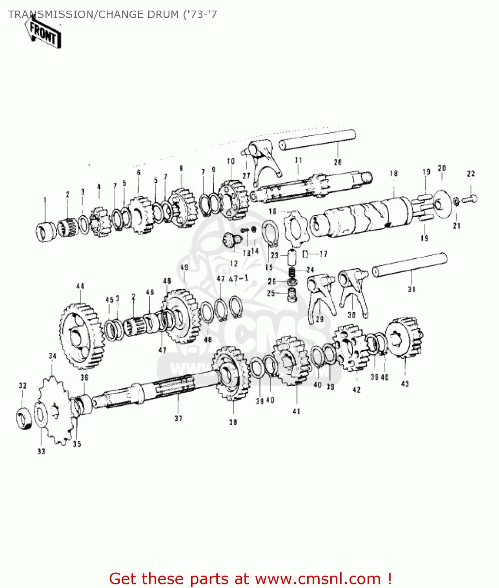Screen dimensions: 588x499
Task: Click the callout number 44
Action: [x=80, y=286]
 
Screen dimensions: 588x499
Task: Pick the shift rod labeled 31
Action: [x=410, y=265]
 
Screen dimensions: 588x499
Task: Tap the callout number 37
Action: [x=178, y=418]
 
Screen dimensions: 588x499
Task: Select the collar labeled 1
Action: [x=46, y=232]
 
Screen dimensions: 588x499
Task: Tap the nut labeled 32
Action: [x=24, y=419]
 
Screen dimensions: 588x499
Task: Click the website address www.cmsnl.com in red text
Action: [x=318, y=579]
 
